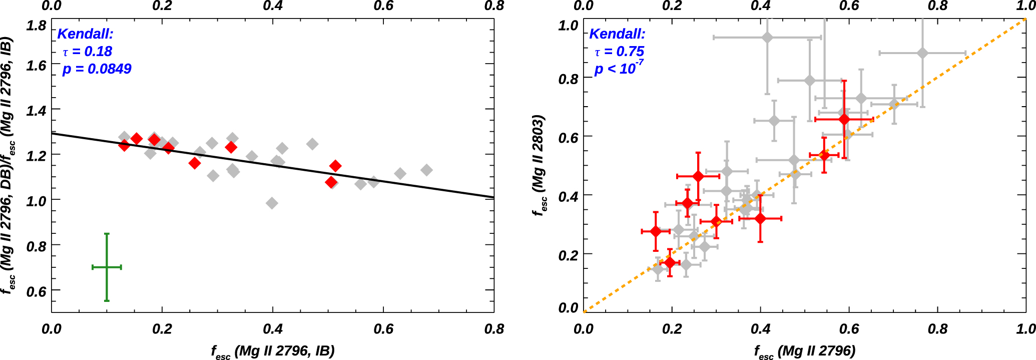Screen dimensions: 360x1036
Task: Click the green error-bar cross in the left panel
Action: pos(107,267)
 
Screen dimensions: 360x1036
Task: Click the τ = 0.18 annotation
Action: pos(87,52)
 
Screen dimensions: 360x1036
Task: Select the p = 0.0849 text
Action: pos(97,69)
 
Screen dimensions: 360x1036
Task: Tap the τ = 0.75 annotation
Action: pos(619,52)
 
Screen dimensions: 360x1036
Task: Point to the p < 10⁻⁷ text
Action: pos(619,68)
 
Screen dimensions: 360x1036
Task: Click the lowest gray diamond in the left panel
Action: pos(272,203)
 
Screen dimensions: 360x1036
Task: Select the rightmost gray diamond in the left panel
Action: pos(426,170)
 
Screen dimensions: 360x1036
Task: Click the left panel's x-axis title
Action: pos(273,351)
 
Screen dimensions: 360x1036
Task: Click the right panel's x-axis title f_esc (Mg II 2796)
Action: pos(805,351)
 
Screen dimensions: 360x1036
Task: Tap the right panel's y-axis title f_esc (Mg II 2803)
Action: pos(539,165)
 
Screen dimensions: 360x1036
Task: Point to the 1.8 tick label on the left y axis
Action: pos(36,25)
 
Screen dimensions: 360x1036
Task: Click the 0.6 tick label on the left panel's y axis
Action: pos(36,291)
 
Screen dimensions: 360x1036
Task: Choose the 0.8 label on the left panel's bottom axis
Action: pos(494,329)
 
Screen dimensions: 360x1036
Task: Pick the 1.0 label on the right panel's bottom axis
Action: pos(1025,329)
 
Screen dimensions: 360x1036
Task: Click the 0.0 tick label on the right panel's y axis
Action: pos(568,307)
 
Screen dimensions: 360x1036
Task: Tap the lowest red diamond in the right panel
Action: pos(670,262)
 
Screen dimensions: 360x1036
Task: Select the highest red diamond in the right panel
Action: pos(844,119)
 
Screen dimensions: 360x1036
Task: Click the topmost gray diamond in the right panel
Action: pos(767,38)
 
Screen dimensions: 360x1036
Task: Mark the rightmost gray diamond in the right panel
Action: pos(922,53)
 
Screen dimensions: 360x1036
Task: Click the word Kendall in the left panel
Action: pos(85,34)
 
